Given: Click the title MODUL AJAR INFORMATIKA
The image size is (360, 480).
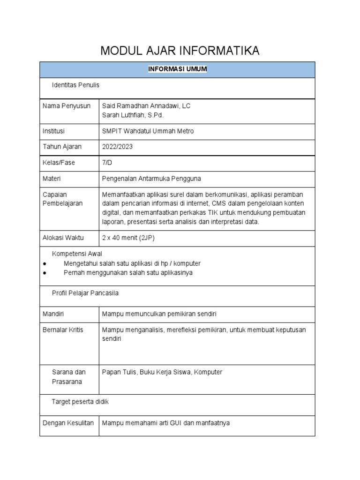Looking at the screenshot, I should coord(180,51).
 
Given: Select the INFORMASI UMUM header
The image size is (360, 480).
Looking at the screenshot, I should coord(177,69).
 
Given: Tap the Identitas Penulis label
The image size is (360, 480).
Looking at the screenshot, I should coord(75,85).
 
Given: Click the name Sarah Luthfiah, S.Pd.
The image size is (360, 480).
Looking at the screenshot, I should coord(133,115).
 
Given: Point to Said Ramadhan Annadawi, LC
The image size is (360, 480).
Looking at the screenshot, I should coord(146,106).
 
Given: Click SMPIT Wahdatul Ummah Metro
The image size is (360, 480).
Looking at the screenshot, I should coord(148,131).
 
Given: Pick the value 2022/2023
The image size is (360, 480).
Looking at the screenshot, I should coord(117,147).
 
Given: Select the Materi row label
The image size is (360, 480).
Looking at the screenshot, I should coord(52,179).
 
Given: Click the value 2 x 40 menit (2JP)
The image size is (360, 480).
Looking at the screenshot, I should coord(128,238).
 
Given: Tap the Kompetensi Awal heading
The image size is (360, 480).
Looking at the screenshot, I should coord(77,254).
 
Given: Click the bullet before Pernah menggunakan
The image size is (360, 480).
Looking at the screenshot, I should coord(44,273).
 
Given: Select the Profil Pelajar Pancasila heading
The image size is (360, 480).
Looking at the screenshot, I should coord(85,293).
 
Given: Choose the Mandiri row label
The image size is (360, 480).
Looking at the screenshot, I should coord(53,314).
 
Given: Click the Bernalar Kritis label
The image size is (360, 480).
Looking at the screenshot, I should coord(63,330).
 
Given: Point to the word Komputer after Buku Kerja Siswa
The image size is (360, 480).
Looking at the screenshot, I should coord(208,372).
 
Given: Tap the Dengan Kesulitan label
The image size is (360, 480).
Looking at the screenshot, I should coord(68,423).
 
